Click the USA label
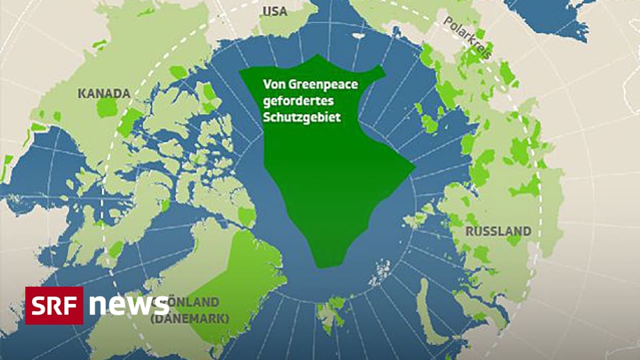coord(275,11)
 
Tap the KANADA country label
coord(103,93)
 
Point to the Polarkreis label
coord(467,38)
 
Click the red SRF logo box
coord(54,305)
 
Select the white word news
coord(128,305)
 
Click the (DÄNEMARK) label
coord(190,319)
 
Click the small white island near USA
coord(358,36)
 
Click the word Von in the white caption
coord(273,85)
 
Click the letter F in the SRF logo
coord(72,305)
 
